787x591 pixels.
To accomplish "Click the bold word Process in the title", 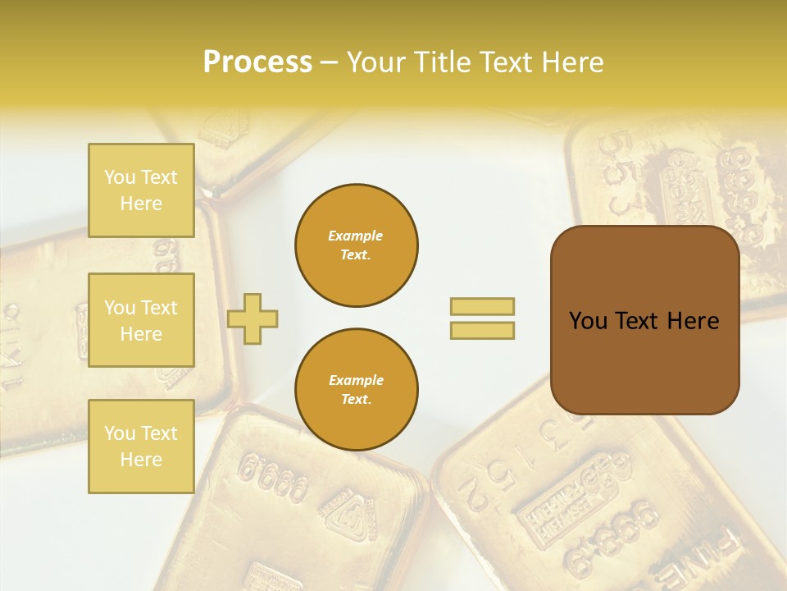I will [x=257, y=62].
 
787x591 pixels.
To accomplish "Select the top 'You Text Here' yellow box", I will [x=141, y=190].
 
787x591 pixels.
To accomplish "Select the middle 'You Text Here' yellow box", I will [x=141, y=320].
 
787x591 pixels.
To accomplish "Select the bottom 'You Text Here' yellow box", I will [x=141, y=447].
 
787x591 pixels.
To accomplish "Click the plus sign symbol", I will [x=252, y=318].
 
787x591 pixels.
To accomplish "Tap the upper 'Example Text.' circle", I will [x=357, y=245].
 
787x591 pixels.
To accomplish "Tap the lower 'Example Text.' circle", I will [x=357, y=390].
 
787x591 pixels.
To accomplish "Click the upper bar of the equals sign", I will [x=482, y=306].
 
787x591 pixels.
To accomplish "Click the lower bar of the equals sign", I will [x=482, y=331].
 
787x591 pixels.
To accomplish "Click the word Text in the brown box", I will [x=642, y=321].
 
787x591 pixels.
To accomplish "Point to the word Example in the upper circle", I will [x=356, y=236].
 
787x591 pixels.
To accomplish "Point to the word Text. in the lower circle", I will [x=356, y=400].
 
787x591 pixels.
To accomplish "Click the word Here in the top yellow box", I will [x=141, y=204].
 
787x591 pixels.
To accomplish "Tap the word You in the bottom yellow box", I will [x=120, y=433].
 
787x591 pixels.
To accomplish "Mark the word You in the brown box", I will [x=587, y=321].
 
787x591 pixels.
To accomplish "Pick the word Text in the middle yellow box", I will [x=159, y=308].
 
